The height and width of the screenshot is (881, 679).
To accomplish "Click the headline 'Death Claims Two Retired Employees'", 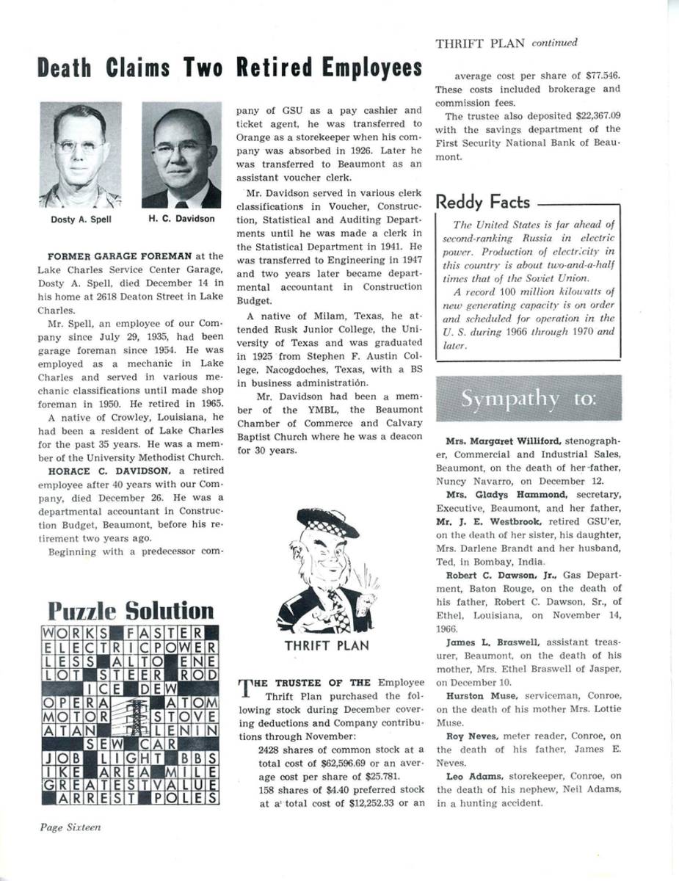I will [230, 68].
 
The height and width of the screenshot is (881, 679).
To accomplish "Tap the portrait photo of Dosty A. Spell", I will [81, 155].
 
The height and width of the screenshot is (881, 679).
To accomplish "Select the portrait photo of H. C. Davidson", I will [181, 155].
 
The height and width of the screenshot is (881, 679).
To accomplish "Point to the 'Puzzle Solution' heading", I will [131, 611].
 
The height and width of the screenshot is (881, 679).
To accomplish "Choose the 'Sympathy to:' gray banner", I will [529, 399].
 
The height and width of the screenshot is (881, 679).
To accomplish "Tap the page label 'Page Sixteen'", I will [70, 827].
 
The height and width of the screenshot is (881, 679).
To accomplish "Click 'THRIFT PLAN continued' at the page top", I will [506, 43].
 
